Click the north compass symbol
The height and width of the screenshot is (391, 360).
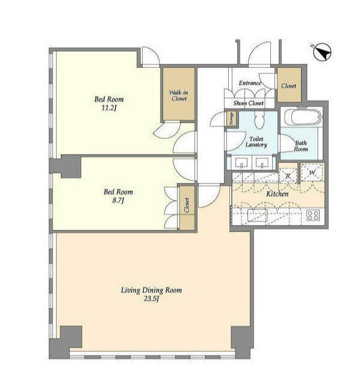[322, 52]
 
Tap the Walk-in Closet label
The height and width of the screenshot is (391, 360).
[179, 96]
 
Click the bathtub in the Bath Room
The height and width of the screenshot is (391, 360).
[303, 117]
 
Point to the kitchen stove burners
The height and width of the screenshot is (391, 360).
[313, 215]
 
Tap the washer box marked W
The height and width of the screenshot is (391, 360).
[312, 172]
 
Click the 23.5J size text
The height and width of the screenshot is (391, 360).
[152, 298]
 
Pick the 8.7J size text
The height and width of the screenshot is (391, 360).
[118, 200]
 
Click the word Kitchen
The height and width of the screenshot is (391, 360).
[277, 194]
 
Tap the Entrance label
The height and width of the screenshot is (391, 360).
[250, 83]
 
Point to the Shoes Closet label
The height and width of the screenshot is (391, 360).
[248, 103]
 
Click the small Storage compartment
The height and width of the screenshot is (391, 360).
[232, 119]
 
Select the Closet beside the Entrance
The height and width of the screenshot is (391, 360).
[289, 85]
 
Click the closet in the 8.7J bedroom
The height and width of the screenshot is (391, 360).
[187, 208]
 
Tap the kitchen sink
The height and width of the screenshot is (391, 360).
[258, 215]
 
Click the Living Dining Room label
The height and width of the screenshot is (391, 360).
[152, 291]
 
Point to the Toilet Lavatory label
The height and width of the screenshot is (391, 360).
[256, 142]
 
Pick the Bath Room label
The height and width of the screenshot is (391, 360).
[300, 146]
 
